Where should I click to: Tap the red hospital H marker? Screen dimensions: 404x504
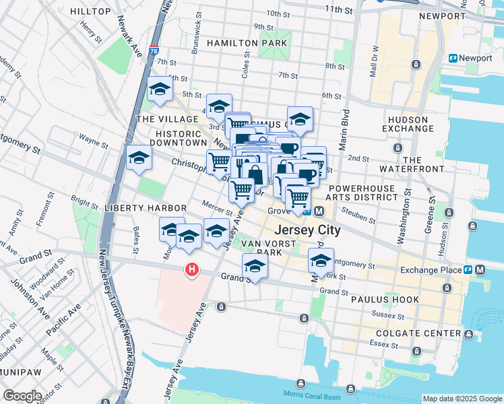(x=192, y=270)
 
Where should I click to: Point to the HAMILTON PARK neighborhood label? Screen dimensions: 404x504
(x=247, y=43)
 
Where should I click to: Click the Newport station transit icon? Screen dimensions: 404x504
(x=454, y=59)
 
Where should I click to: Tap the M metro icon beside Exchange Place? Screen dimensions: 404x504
(x=480, y=270)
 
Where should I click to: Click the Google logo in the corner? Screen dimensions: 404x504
(x=22, y=396)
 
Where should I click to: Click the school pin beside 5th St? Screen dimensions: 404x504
(x=160, y=89)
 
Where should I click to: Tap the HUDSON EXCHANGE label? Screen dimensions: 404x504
(x=407, y=124)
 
